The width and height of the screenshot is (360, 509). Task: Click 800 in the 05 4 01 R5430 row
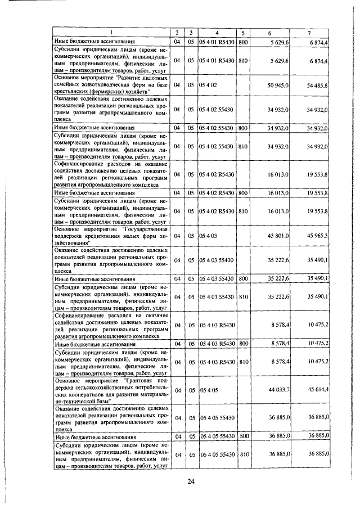pos(244,42)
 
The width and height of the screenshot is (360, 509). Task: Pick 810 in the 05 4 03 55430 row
pos(244,296)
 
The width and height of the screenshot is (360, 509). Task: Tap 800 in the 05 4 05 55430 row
pos(244,436)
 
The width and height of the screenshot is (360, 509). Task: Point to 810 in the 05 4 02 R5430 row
pos(244,211)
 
